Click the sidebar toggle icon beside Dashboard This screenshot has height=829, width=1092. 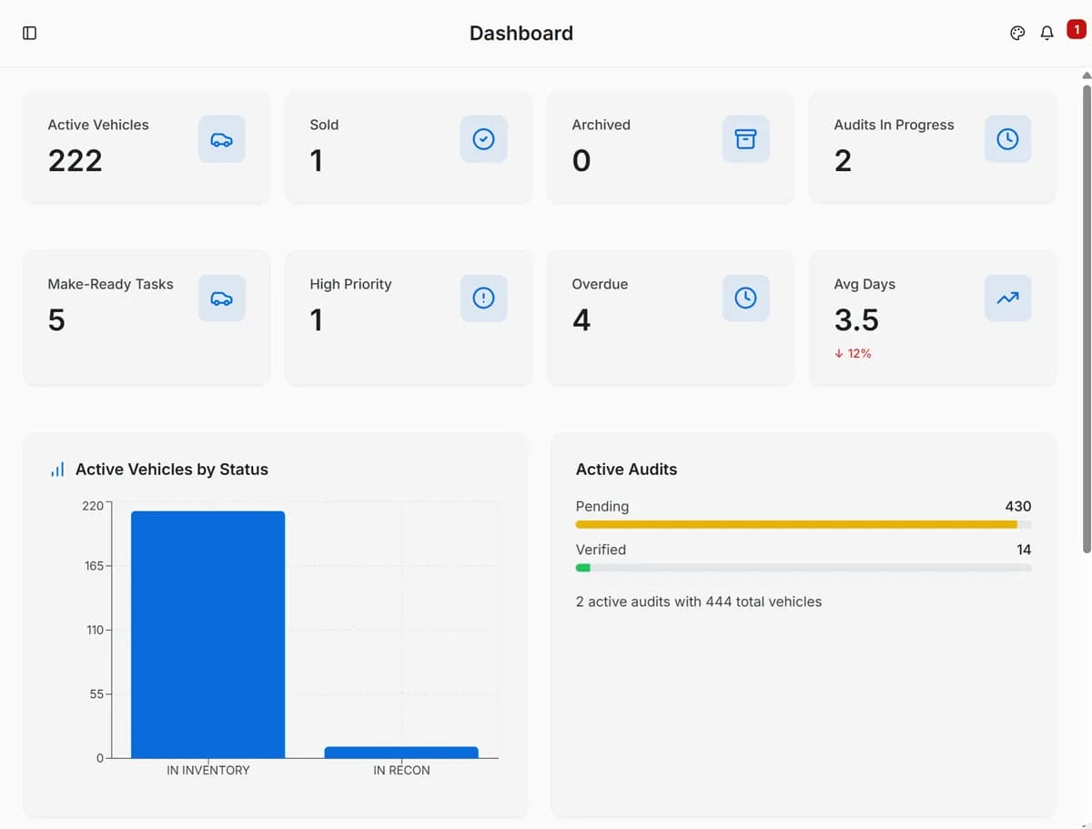29,33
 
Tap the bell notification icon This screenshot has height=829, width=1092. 1046,33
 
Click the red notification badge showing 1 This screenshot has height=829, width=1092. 1076,30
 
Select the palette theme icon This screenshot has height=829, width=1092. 1017,33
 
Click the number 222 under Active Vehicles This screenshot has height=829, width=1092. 75,161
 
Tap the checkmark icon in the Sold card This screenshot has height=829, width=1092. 483,139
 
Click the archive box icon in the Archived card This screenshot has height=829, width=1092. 745,139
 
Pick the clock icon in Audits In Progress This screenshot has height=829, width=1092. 1007,139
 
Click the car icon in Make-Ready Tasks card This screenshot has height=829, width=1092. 221,298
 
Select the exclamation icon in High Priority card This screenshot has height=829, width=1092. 483,298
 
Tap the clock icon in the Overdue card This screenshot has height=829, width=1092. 745,298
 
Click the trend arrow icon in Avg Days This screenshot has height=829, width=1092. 1007,298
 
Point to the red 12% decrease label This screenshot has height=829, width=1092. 853,353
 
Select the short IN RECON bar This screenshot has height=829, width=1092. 401,753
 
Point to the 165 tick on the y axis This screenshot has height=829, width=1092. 94,566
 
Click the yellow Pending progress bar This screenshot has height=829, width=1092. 795,524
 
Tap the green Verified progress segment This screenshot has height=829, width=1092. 583,568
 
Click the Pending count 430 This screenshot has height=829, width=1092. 1017,506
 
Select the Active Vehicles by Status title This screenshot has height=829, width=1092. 171,470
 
